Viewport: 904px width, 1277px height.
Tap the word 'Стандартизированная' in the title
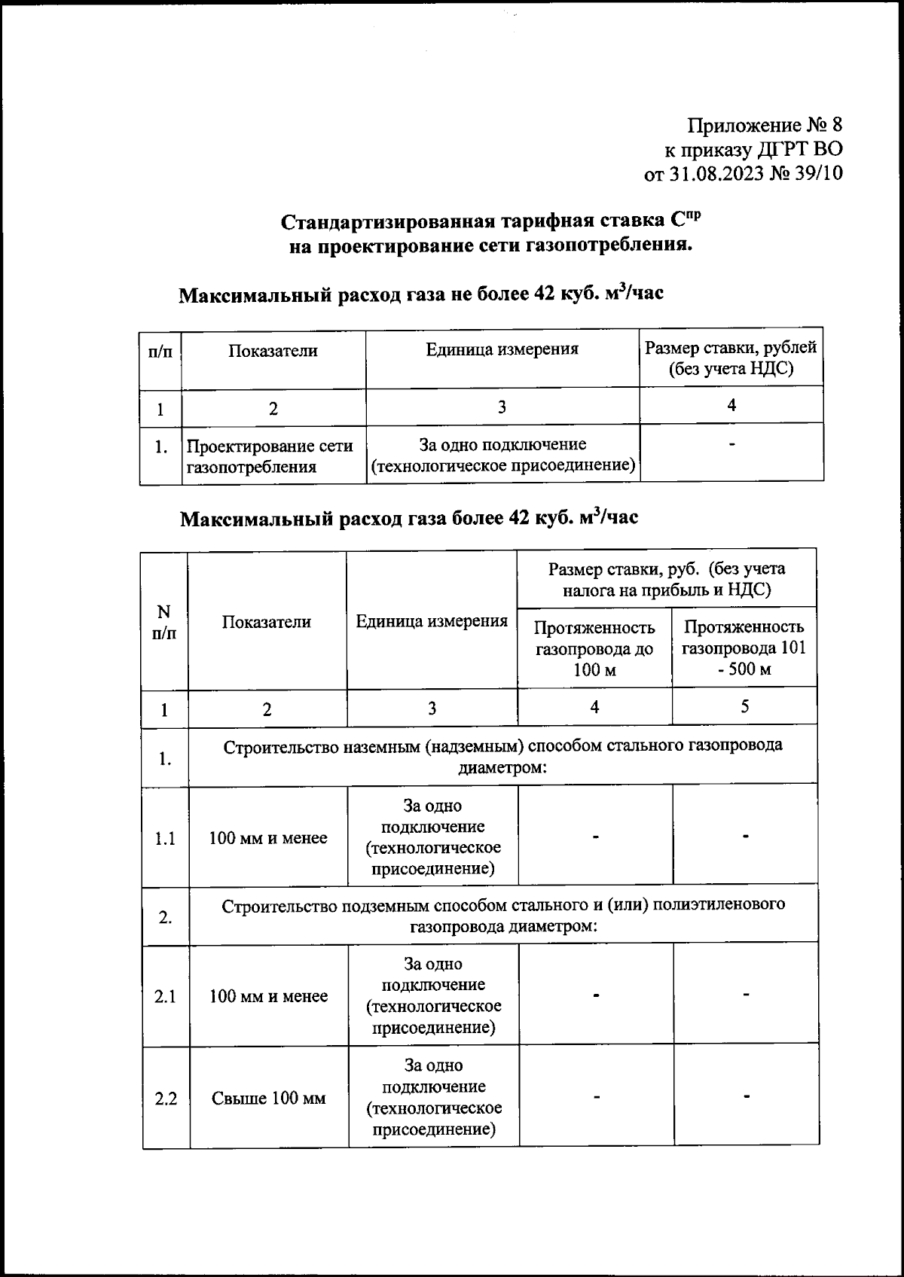point(387,223)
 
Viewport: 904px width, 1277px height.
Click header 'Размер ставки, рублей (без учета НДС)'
point(731,358)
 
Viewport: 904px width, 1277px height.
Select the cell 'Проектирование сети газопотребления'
point(270,456)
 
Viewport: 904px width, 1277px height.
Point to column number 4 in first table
point(731,405)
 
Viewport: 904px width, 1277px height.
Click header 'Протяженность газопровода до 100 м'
point(594,648)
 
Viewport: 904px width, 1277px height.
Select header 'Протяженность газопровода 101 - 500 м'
point(744,648)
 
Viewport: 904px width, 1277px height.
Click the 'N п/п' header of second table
point(164,622)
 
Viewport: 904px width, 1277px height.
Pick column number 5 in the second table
point(744,706)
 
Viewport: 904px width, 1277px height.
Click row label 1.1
point(165,838)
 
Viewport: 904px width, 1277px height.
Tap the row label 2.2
point(166,1099)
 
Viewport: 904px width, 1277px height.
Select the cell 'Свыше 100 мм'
point(268,1099)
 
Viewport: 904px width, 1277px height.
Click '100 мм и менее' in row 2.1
point(268,996)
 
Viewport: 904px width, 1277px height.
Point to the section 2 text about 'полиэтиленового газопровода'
point(503,915)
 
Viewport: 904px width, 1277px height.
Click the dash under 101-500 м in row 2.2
point(746,1097)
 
